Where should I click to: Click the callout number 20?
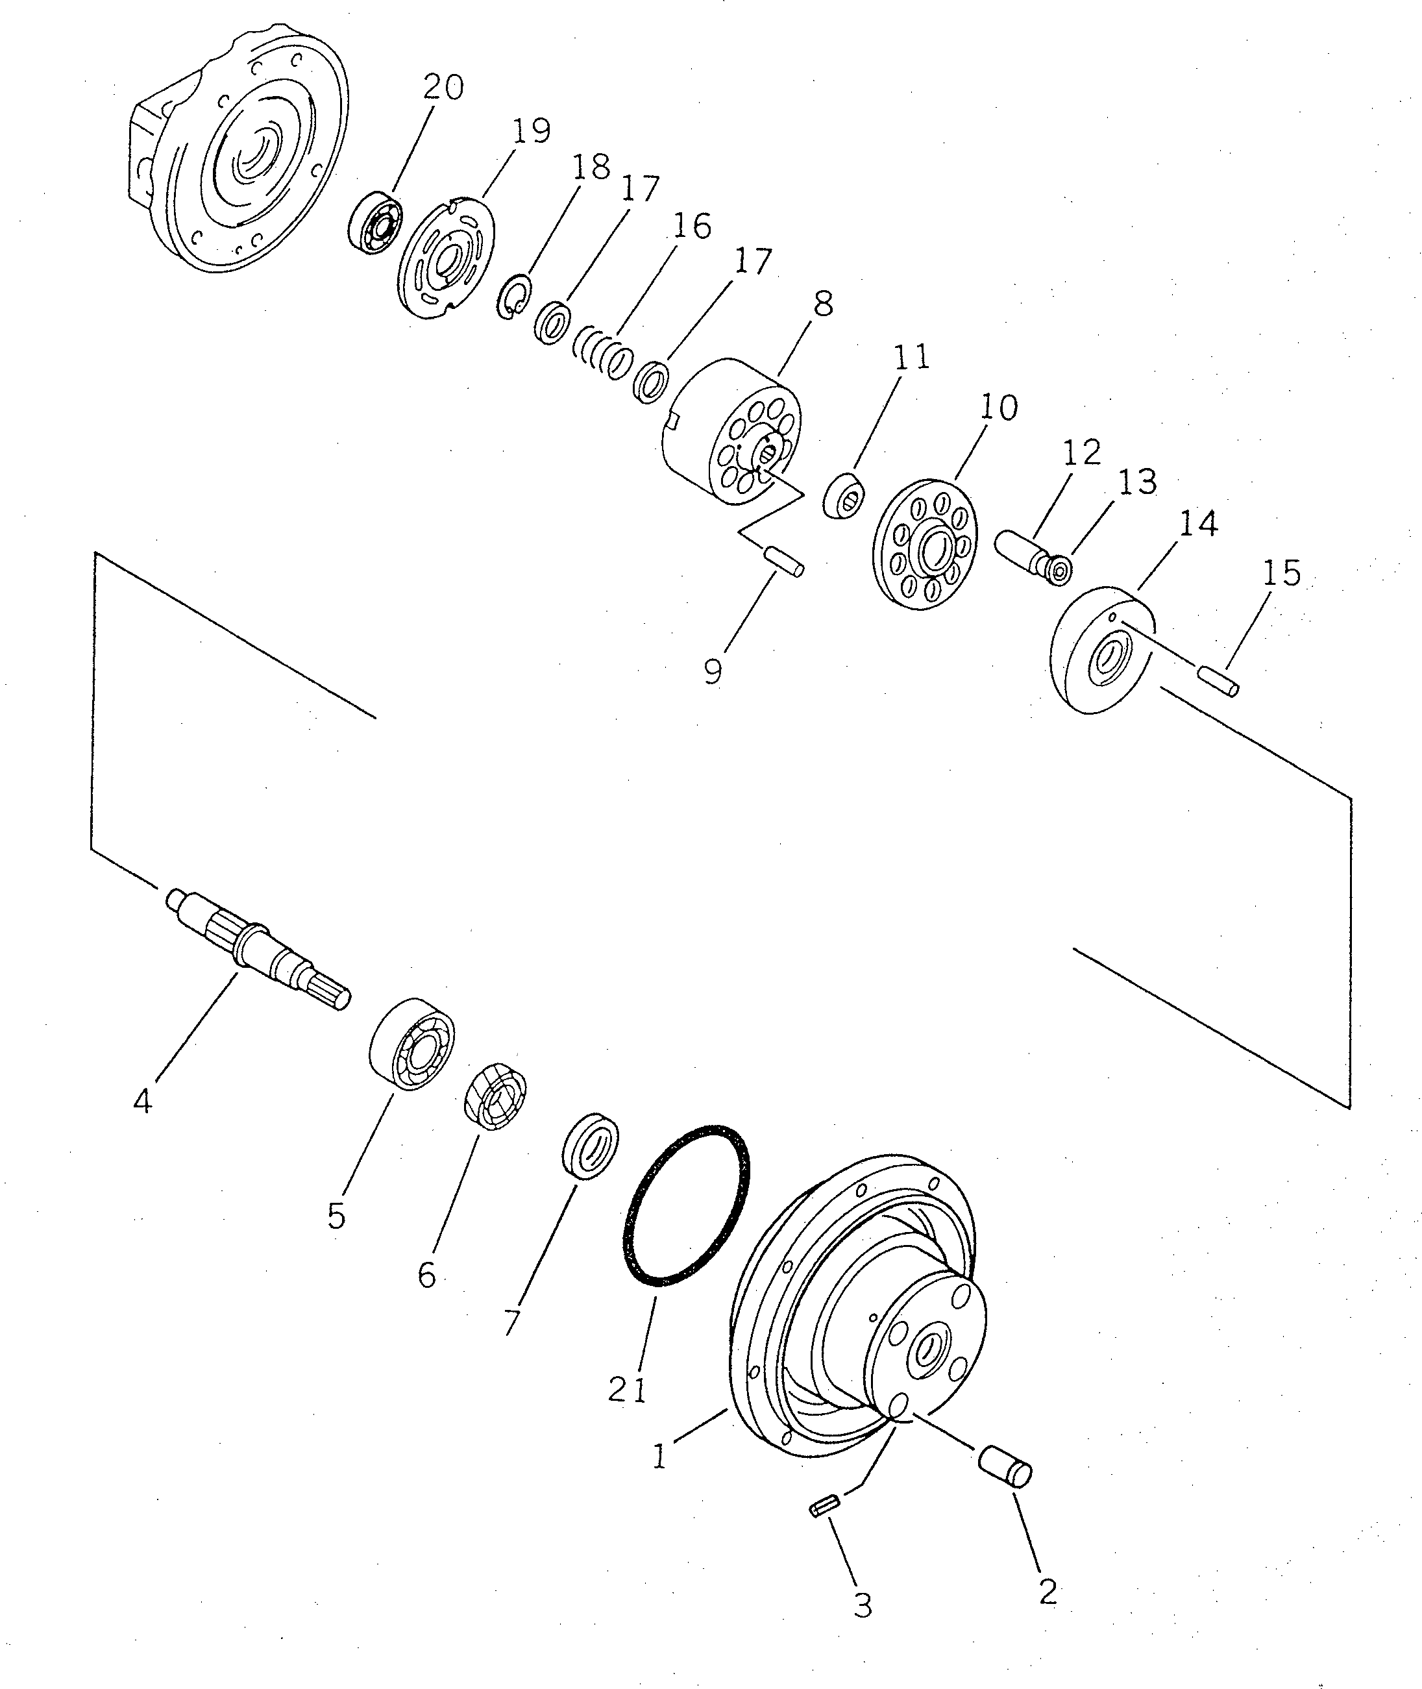(x=443, y=87)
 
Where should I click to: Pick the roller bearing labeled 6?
(x=495, y=1095)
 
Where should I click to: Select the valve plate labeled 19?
(x=447, y=261)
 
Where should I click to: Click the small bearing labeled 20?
(x=376, y=222)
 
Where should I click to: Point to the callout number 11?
(x=912, y=357)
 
